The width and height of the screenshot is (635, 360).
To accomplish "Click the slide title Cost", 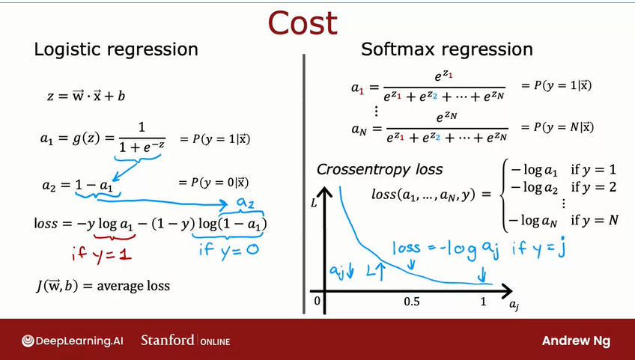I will pos(303,23).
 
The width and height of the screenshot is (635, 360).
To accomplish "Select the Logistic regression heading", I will pos(116,50).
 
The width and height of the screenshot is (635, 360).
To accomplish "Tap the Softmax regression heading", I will pos(446,50).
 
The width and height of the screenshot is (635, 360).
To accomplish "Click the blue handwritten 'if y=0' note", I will pos(228,250).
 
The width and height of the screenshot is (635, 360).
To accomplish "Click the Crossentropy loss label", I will pos(379,169).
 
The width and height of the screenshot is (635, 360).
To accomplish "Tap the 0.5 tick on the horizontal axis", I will pos(411,301).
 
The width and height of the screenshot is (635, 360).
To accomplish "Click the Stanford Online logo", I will pos(185,341).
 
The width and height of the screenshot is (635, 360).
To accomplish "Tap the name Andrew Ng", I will pos(576,341).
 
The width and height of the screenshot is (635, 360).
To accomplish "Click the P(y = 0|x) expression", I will pos(213,183).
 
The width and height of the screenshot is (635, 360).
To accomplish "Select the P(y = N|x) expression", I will pos(556,126).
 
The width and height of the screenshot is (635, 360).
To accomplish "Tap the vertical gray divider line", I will pos(304,180).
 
